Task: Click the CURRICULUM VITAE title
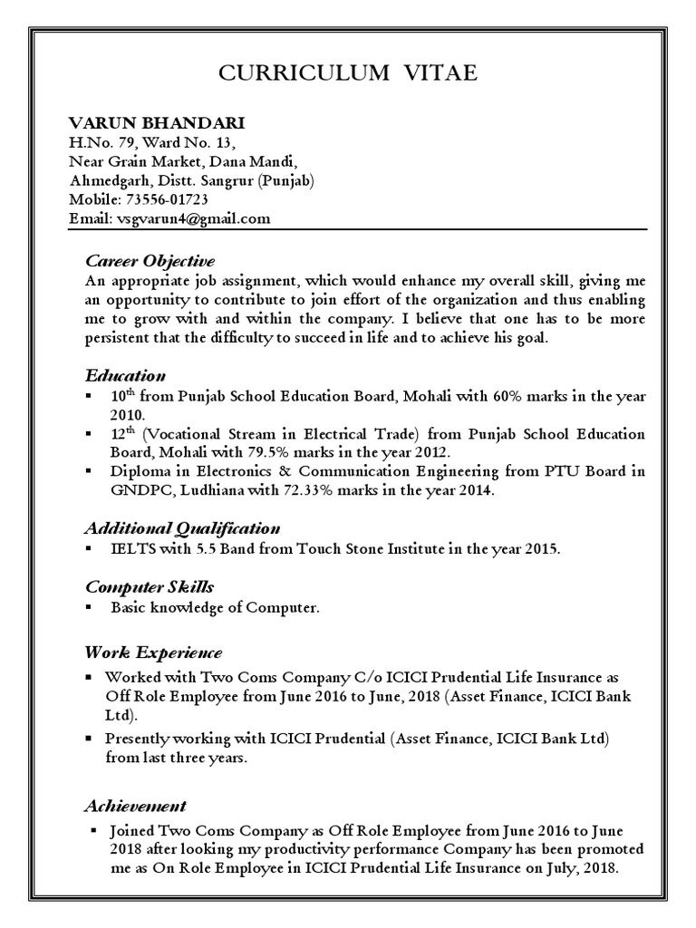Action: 347,73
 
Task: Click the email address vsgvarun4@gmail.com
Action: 191,218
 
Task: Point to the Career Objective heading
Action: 150,262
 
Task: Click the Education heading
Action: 125,375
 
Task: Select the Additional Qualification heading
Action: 182,527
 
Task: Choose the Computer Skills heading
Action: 150,587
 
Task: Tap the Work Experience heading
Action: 153,652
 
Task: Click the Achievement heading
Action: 136,806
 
